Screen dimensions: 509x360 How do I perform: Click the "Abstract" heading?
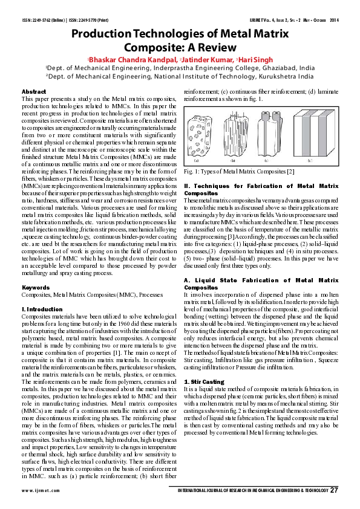[34, 91]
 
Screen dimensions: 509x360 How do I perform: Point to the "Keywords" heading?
[36, 287]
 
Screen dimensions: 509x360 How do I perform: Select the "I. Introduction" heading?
[42, 308]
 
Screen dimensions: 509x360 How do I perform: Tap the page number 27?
[334, 489]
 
